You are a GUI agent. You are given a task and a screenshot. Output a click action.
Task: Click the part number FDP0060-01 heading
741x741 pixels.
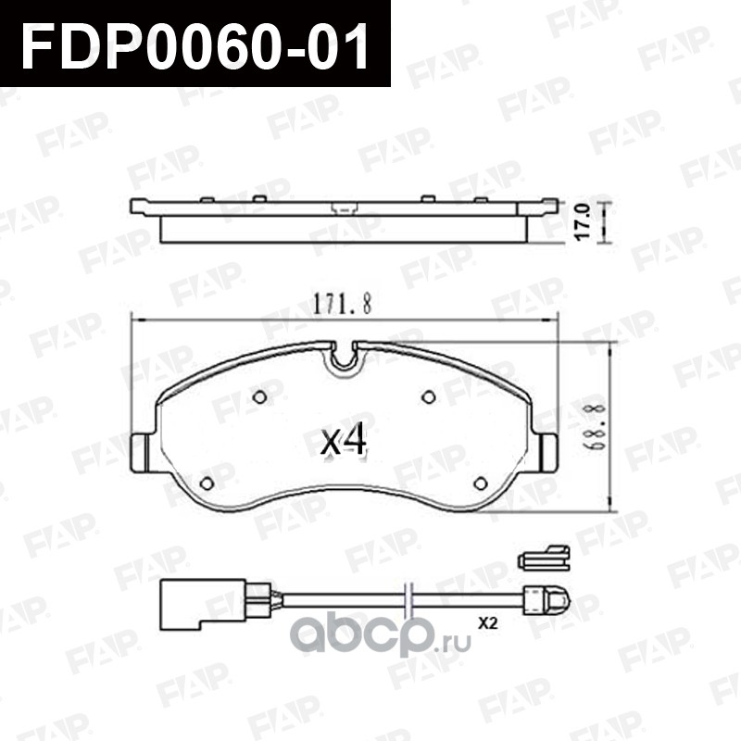coord(195,44)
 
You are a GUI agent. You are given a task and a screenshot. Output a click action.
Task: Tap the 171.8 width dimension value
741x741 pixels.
coord(343,304)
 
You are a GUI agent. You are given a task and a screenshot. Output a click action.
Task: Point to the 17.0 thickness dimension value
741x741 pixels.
coord(584,221)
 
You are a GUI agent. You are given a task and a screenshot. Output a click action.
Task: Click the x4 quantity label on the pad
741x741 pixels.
coord(344,439)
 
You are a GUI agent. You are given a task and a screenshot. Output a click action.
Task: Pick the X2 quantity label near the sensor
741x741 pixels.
coord(488,623)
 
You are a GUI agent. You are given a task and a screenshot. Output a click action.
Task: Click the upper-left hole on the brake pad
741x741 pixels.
coord(259,397)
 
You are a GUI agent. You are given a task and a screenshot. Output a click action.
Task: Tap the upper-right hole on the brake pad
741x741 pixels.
coord(429,397)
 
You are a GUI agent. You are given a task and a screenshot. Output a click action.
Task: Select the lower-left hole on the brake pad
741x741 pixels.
coord(207,483)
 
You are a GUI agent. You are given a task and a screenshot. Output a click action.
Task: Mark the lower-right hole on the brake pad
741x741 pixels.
coord(481,483)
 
